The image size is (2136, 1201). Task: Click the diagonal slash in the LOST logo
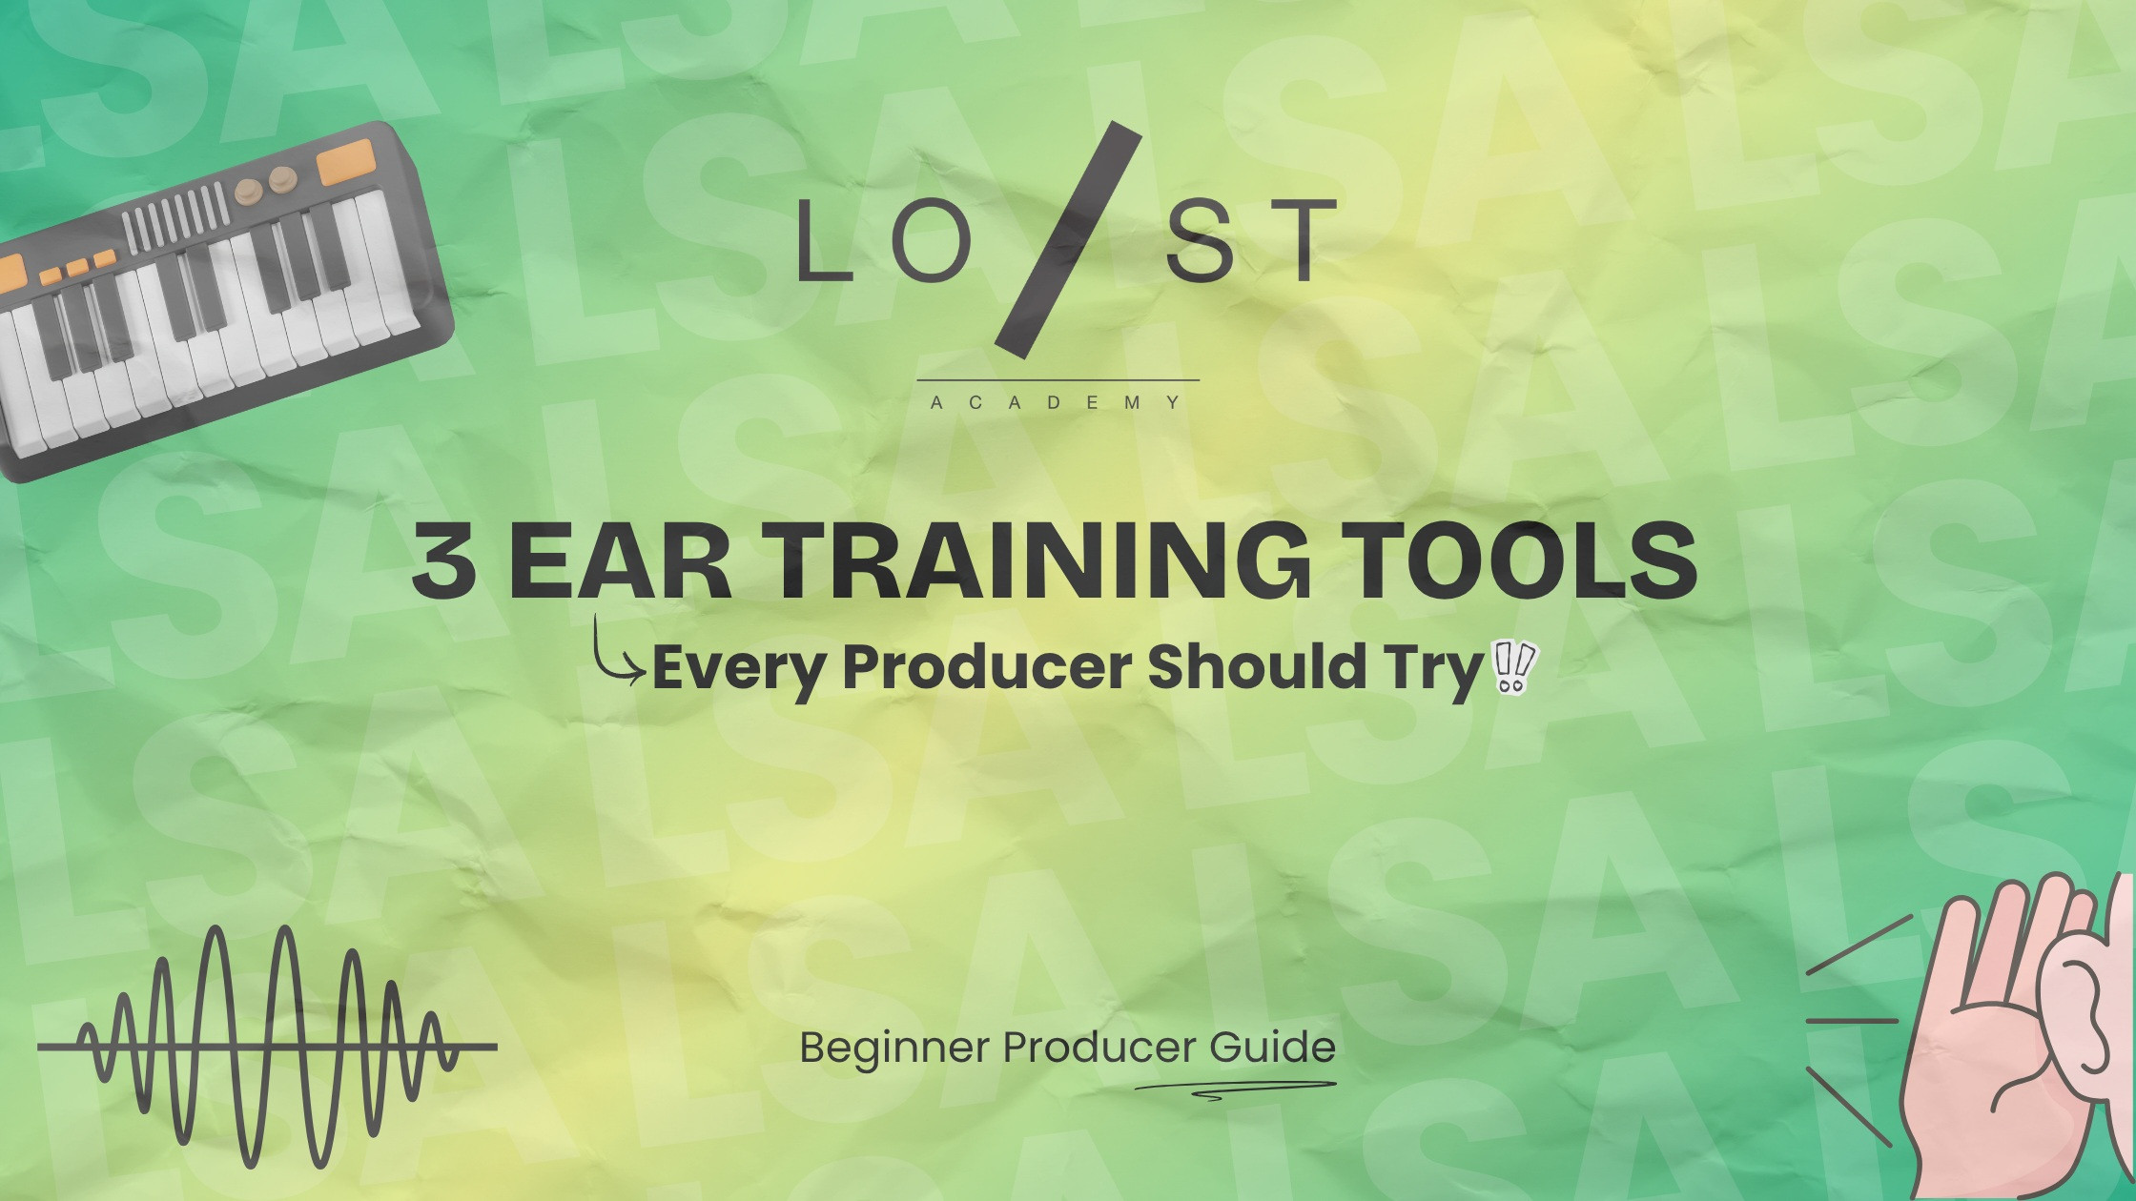tap(1068, 243)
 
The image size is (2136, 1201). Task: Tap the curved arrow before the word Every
tap(616, 653)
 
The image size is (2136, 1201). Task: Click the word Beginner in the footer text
tap(894, 1048)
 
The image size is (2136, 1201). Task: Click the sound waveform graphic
tap(267, 1047)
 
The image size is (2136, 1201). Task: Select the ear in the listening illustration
tap(2079, 1020)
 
